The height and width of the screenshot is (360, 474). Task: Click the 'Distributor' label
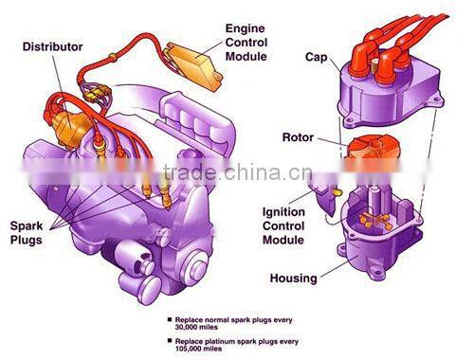pos(52,45)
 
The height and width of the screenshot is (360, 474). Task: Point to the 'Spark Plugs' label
pos(30,233)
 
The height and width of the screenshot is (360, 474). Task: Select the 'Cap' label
pos(316,57)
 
